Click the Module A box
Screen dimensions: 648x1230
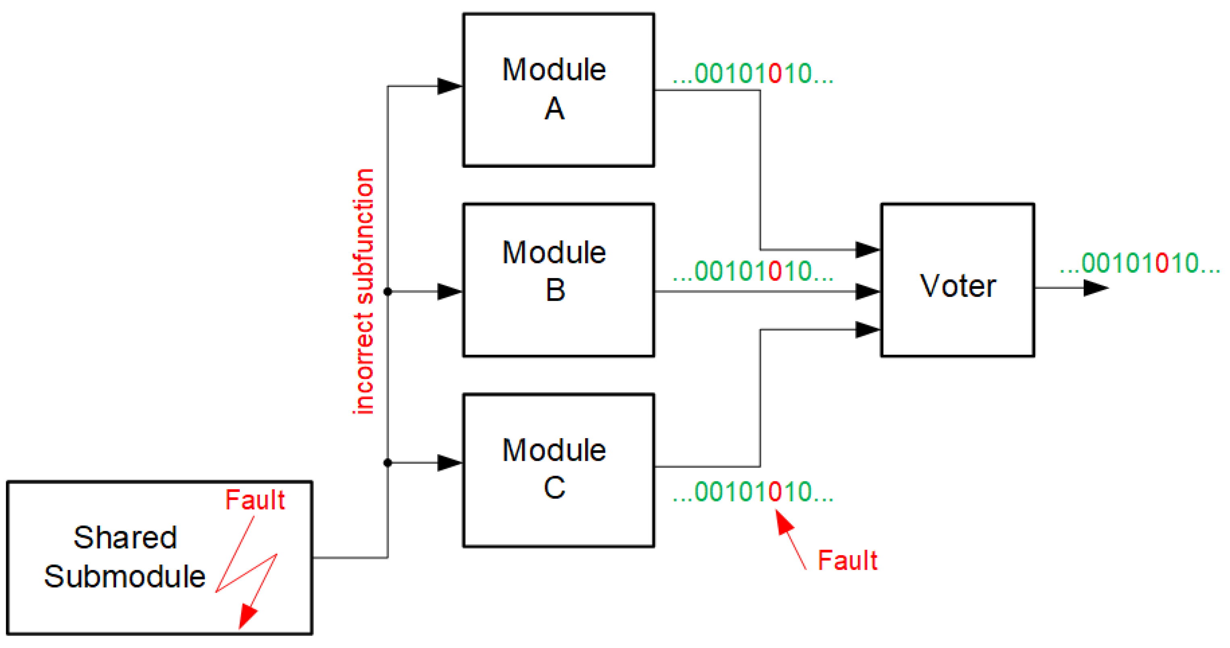tap(558, 90)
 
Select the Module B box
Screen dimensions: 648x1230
tap(558, 280)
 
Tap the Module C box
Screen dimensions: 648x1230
tap(558, 470)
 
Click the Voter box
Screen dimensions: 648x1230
tap(957, 280)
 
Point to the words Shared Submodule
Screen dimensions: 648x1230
tap(125, 557)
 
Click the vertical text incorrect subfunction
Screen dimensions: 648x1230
tap(364, 291)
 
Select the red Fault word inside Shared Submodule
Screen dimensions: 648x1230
tap(255, 500)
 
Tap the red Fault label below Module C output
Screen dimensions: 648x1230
tap(848, 560)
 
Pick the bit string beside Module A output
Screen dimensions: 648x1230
tap(753, 74)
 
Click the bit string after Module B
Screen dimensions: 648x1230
tap(753, 272)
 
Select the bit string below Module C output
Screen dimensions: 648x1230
tap(753, 492)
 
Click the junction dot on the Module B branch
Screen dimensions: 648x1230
tap(388, 291)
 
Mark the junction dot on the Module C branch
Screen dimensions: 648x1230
tap(388, 462)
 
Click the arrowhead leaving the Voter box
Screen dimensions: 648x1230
tap(1095, 288)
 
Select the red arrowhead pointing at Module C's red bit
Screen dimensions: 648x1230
tap(783, 522)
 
